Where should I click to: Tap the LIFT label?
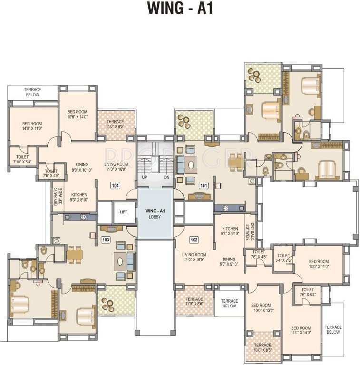pyautogui.click(x=124, y=212)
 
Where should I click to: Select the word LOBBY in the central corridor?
pyautogui.click(x=155, y=217)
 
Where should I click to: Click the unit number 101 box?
pyautogui.click(x=204, y=185)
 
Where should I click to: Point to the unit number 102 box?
pyautogui.click(x=194, y=240)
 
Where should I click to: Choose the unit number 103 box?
pyautogui.click(x=106, y=240)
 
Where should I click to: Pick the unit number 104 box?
pyautogui.click(x=115, y=185)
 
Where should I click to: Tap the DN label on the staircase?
pyautogui.click(x=166, y=177)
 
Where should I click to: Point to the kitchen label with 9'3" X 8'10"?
pyautogui.click(x=79, y=198)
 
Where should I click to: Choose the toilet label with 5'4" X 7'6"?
pyautogui.click(x=283, y=258)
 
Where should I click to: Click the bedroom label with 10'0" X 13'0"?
pyautogui.click(x=261, y=308)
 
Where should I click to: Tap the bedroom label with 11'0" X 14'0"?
pyautogui.click(x=301, y=331)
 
